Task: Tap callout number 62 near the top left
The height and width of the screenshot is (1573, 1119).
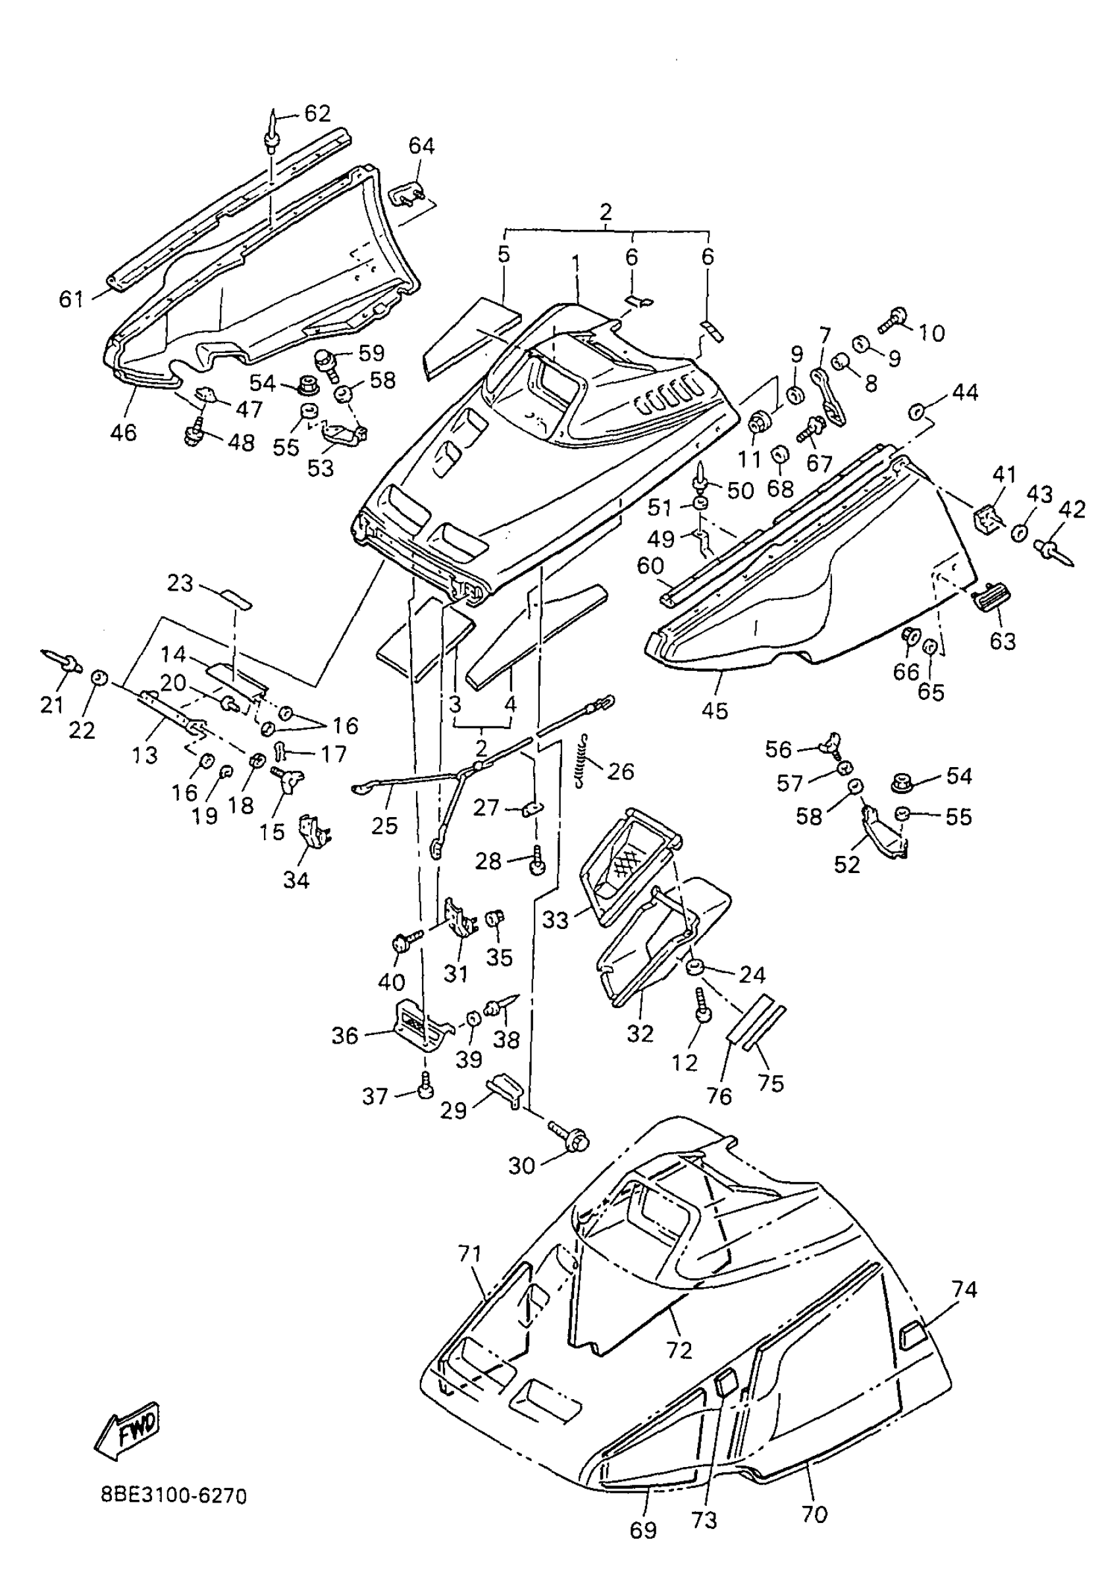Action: point(317,114)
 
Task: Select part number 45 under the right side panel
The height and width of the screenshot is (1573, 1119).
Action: point(715,710)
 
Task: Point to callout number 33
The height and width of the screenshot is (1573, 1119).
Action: point(556,920)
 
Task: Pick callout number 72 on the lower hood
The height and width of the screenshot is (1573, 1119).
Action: point(679,1350)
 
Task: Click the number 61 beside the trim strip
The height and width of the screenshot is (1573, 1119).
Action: point(72,299)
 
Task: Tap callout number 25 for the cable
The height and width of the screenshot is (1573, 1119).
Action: point(384,825)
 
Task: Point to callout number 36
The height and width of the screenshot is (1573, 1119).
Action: point(345,1035)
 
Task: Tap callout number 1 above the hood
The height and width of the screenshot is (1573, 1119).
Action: point(576,263)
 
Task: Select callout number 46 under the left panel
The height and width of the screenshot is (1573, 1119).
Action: point(123,432)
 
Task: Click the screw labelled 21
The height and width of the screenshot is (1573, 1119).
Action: point(63,662)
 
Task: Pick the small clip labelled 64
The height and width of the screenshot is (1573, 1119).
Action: point(408,195)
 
